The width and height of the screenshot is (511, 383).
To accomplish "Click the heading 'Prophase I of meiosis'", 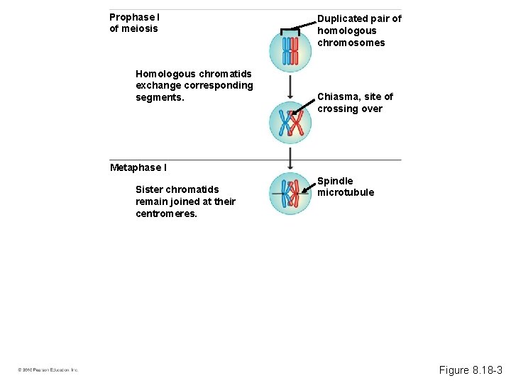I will pyautogui.click(x=134, y=23).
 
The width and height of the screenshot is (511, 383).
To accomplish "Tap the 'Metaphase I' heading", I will pyautogui.click(x=138, y=167).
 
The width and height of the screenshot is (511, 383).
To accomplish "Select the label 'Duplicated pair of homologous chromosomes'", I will pyautogui.click(x=359, y=30).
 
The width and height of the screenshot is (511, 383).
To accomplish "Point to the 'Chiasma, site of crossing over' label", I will pyautogui.click(x=355, y=103).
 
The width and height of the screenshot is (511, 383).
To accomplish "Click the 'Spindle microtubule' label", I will pyautogui.click(x=346, y=187).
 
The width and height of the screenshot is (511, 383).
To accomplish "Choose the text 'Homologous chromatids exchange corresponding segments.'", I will pyautogui.click(x=194, y=85).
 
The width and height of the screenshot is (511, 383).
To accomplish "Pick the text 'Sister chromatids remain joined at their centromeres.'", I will pyautogui.click(x=185, y=201).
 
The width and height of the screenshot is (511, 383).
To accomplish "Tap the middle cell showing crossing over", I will pyautogui.click(x=290, y=123).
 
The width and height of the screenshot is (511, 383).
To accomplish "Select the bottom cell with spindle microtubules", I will pyautogui.click(x=290, y=193).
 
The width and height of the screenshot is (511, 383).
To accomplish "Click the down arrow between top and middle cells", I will pyautogui.click(x=290, y=86).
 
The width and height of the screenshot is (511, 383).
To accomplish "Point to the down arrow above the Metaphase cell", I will pyautogui.click(x=290, y=157).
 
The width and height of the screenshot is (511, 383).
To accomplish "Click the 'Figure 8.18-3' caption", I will pyautogui.click(x=471, y=370).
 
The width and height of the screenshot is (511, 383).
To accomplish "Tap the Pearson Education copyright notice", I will pyautogui.click(x=48, y=370).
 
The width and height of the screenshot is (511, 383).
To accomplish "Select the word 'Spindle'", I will pyautogui.click(x=335, y=181).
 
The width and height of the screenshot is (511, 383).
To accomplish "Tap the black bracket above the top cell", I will pyautogui.click(x=290, y=30).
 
